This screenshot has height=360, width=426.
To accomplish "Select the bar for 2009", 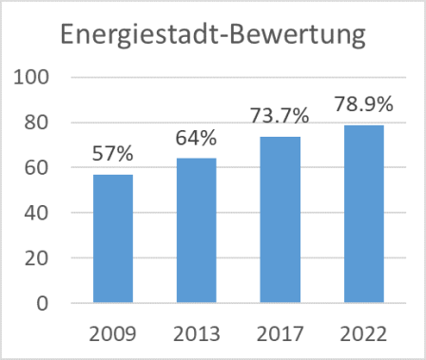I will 114,238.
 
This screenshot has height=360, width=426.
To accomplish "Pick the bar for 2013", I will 196,231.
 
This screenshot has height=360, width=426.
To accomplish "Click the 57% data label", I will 114,153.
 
